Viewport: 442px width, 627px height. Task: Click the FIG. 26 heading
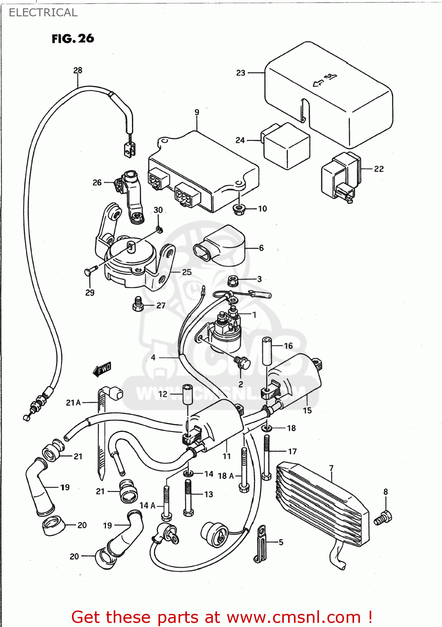73,39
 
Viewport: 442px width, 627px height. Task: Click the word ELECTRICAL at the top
43,13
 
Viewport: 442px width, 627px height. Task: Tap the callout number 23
241,73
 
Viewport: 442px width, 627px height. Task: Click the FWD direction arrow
102,369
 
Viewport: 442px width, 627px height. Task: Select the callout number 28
78,70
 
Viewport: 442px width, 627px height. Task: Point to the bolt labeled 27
138,305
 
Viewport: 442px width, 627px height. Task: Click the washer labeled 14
188,473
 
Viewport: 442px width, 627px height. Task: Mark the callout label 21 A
73,403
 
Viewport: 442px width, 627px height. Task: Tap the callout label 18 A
226,476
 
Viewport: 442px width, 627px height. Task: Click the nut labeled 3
233,280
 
